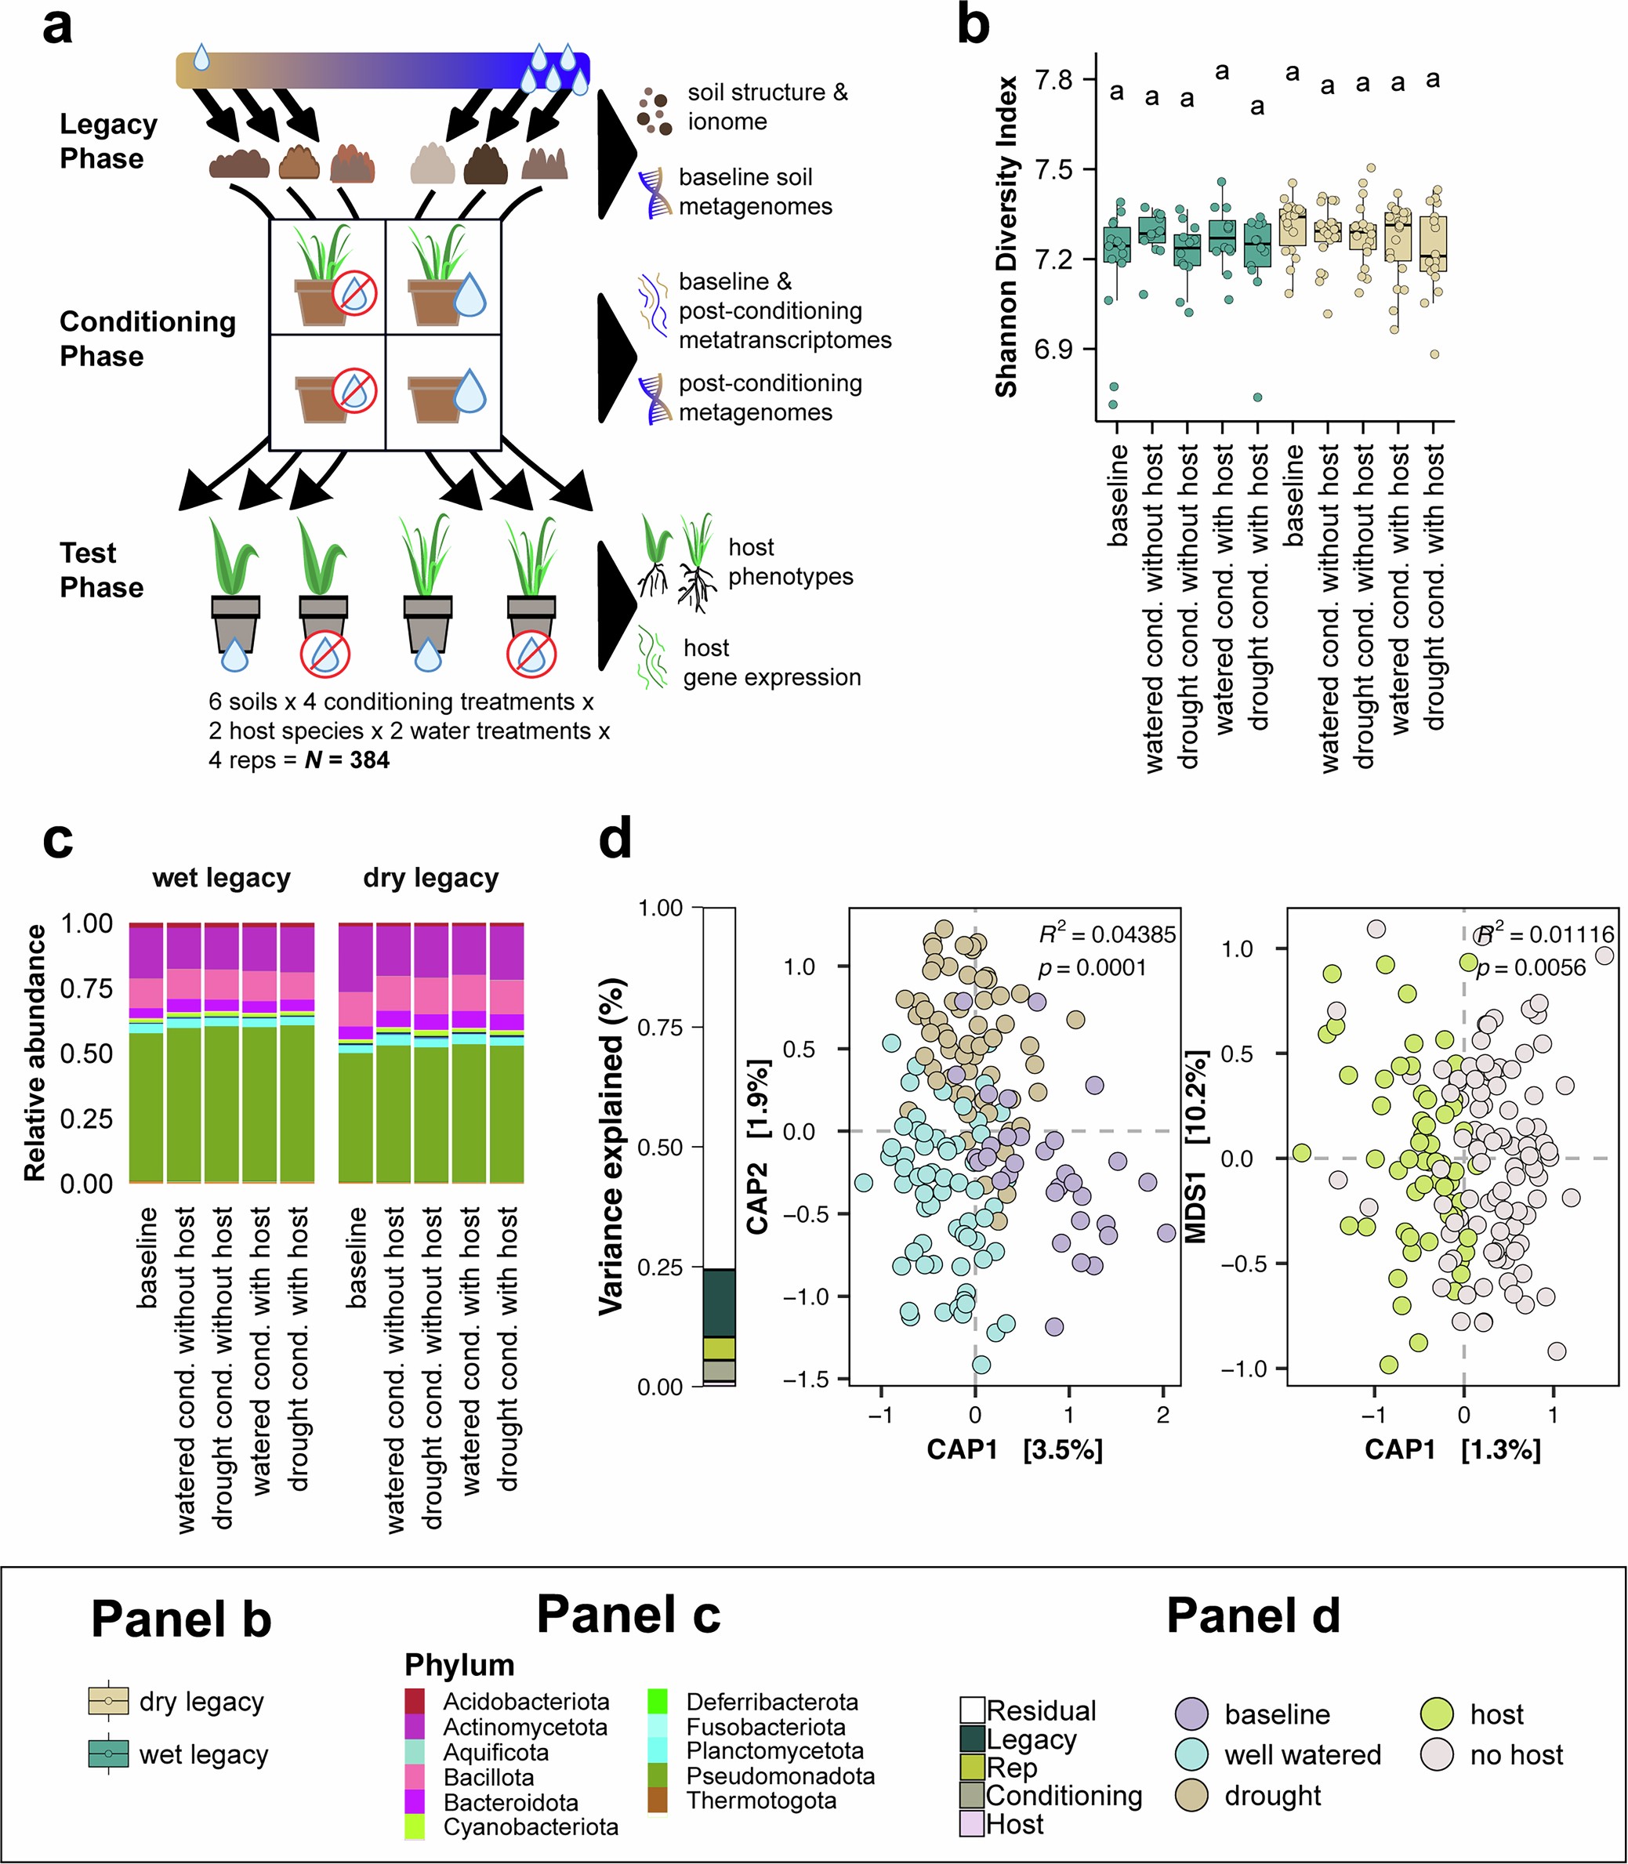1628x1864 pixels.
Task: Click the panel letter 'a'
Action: point(57,27)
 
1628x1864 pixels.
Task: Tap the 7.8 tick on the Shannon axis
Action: point(1053,80)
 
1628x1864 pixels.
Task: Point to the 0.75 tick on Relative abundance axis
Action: point(86,988)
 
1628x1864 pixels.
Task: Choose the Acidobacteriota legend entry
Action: point(525,1702)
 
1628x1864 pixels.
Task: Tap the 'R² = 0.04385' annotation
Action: point(1108,934)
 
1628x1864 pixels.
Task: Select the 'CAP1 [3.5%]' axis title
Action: point(1015,1449)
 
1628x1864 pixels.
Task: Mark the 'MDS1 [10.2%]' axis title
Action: point(1198,1146)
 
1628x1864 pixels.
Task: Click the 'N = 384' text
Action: point(347,760)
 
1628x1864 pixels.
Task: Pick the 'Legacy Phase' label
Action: point(108,141)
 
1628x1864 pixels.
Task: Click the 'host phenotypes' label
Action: point(789,561)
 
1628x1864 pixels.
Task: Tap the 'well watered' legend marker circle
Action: point(1191,1755)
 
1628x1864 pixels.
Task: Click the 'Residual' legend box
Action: point(973,1710)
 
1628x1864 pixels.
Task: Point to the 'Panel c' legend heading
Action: point(629,1615)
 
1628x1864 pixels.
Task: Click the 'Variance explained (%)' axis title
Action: point(612,1146)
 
